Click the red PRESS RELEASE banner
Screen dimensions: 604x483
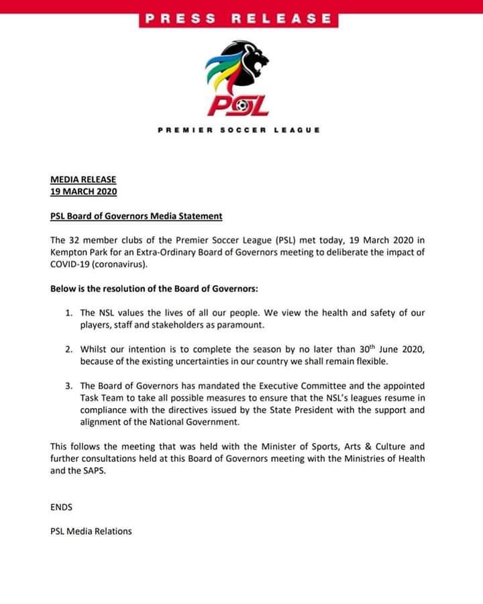[238, 19]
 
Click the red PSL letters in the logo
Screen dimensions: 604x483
[238, 106]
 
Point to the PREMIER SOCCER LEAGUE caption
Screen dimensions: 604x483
[238, 130]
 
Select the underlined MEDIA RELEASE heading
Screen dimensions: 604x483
[83, 180]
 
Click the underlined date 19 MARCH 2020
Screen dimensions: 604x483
[83, 191]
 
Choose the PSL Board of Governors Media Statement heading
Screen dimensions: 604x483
[136, 216]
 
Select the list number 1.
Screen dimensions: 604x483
[68, 313]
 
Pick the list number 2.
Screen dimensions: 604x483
[68, 350]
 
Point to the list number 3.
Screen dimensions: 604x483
[68, 386]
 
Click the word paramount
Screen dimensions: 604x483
[245, 325]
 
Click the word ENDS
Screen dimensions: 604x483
[61, 507]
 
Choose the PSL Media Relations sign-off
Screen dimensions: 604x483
[91, 531]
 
